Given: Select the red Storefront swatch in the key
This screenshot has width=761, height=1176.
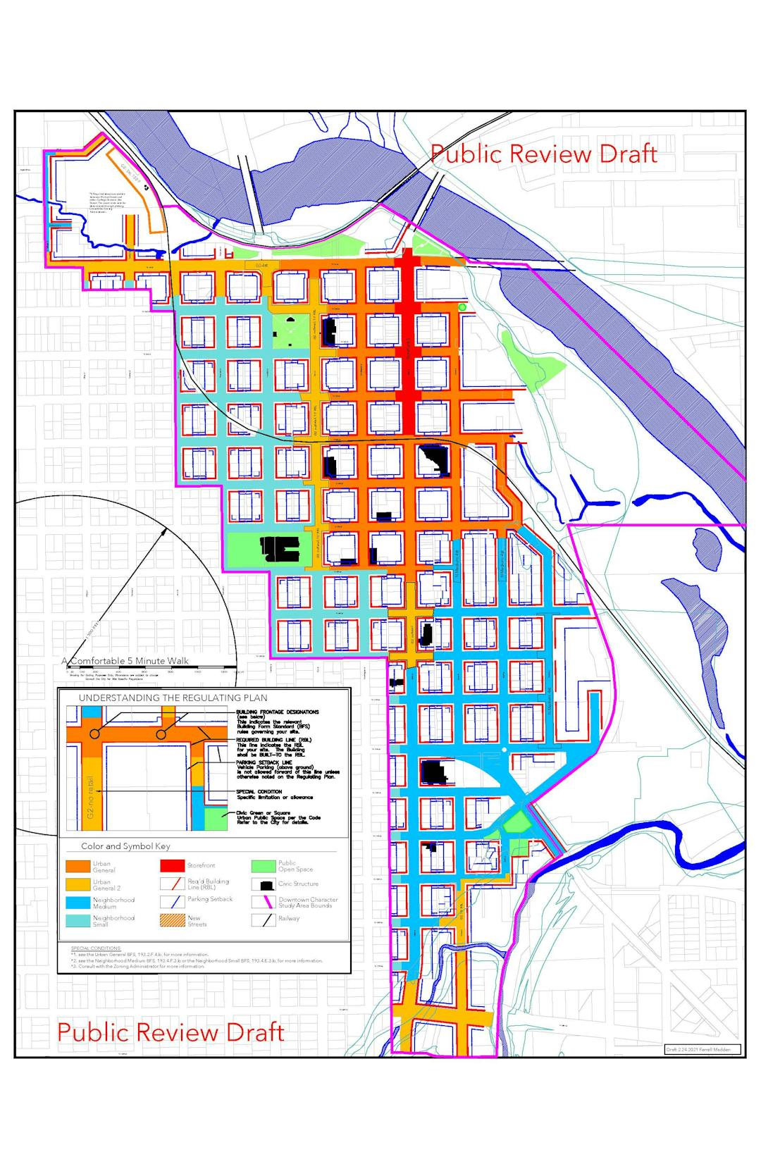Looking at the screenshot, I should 172,865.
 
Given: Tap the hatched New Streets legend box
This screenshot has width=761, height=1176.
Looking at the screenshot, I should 172,920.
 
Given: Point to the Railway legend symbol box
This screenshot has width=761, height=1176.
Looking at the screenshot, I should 262,919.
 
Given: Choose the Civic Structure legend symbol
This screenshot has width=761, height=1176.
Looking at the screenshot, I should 262,884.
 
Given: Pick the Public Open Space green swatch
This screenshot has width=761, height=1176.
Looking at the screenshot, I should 262,866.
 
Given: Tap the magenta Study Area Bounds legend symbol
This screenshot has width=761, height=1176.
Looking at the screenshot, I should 262,902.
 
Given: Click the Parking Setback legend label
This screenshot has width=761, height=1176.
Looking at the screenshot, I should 210,899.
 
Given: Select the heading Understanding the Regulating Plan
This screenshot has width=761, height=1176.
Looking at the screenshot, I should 173,698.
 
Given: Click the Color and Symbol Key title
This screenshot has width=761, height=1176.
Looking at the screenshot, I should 125,846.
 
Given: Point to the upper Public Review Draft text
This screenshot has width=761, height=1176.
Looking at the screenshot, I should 543,154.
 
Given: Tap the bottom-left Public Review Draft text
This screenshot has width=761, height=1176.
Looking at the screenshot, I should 171,1032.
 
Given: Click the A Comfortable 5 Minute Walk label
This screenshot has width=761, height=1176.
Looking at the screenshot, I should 125,661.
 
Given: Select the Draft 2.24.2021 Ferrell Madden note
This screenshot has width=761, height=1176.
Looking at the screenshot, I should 703,1049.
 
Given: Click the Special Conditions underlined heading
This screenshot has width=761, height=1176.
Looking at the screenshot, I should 96,948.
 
